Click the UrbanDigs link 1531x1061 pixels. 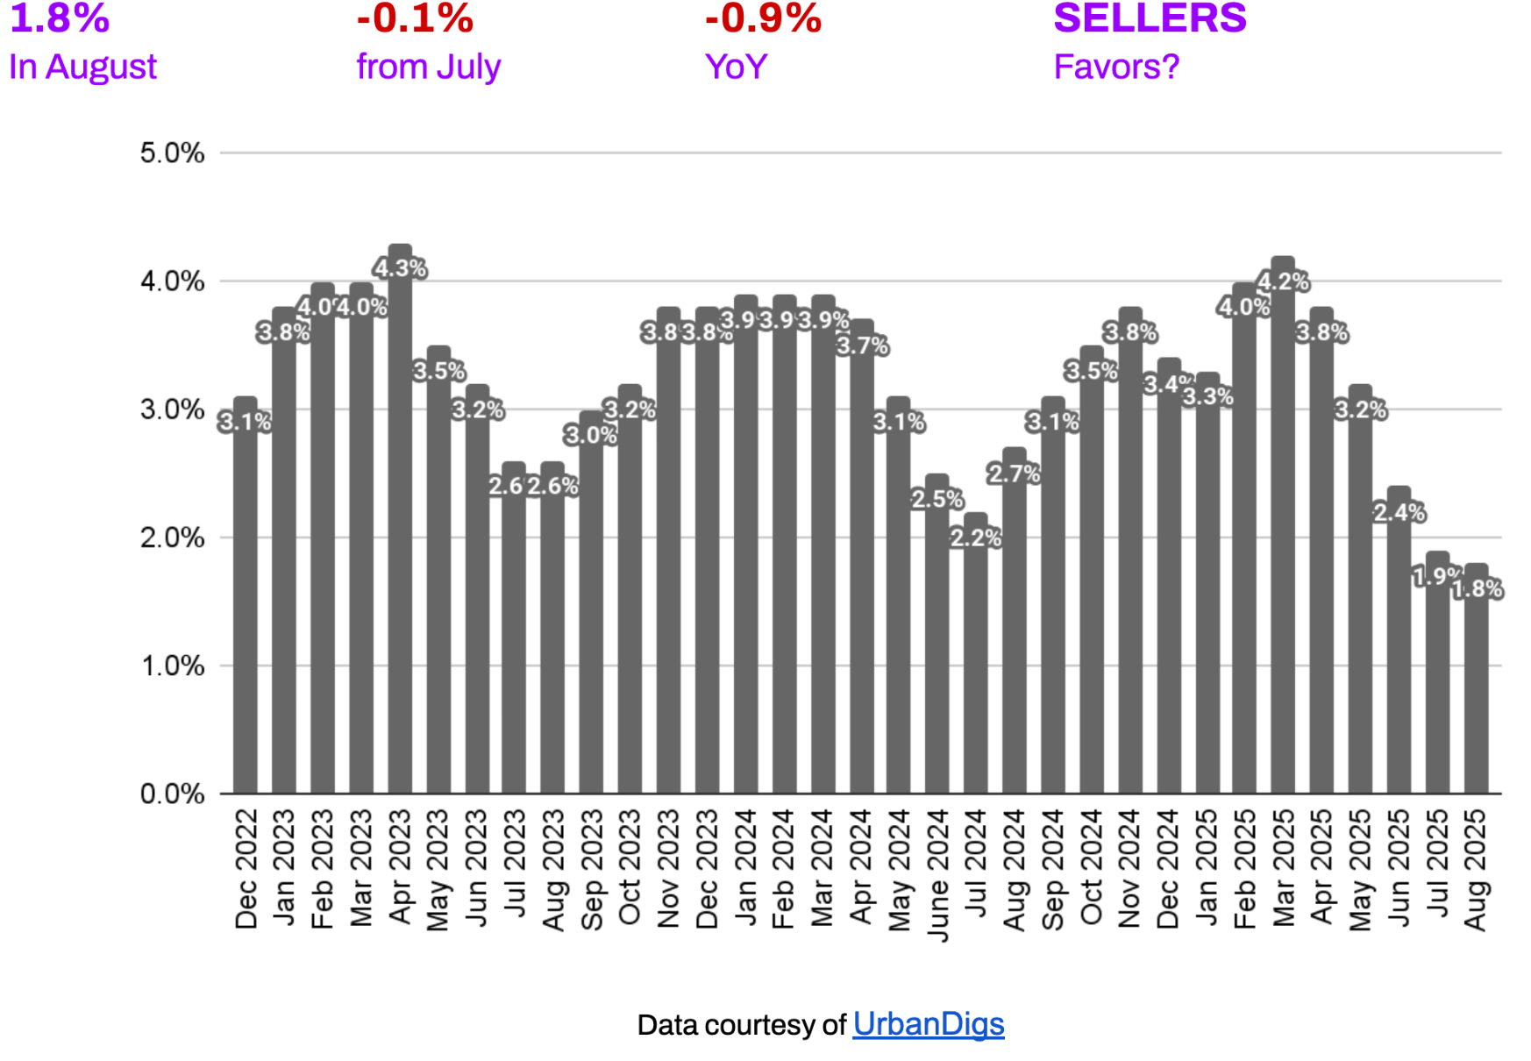928,1023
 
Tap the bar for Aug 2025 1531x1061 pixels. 1476,693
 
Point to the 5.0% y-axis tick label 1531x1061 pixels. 172,153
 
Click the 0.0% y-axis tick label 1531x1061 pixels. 172,794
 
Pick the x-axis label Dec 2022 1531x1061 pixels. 246,868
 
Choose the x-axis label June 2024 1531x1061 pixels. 937,874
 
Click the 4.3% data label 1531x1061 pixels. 400,267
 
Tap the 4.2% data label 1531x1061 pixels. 1283,281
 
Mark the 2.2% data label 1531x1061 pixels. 975,538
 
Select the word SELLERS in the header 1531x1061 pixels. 1150,18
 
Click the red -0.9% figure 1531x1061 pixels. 763,18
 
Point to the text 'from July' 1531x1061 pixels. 428,67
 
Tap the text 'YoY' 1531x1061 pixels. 736,67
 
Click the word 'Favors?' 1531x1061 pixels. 1116,67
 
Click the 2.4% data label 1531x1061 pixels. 1399,512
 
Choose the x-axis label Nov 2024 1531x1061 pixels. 1129,868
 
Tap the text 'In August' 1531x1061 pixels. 82,67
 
